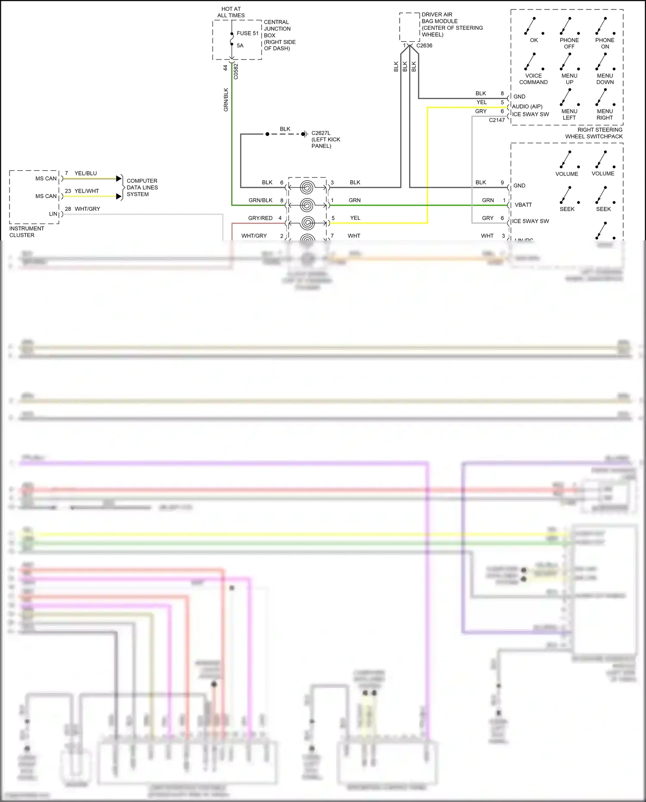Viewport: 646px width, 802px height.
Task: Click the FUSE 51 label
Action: (247, 33)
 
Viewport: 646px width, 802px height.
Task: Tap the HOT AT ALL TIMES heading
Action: (231, 12)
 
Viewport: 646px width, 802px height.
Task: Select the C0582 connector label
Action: (236, 72)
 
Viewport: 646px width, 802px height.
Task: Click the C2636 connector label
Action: (424, 45)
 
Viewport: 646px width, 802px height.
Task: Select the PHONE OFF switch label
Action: (569, 43)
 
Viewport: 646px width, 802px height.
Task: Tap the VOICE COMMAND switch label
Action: (533, 79)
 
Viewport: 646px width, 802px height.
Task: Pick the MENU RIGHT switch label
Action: (604, 114)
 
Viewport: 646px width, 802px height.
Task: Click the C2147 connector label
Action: (497, 120)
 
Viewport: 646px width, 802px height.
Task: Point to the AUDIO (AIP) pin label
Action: (527, 106)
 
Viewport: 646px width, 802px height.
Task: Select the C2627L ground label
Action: (326, 139)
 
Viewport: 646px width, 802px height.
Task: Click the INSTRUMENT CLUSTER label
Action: (26, 231)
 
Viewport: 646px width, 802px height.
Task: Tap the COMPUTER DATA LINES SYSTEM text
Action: (142, 187)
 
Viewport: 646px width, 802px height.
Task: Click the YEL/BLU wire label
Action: (85, 173)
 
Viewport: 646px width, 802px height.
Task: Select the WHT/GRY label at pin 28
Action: (87, 209)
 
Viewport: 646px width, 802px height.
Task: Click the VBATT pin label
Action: (523, 205)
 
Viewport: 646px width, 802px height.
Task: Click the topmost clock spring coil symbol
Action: (307, 187)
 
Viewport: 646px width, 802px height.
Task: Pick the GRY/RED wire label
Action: (260, 218)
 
